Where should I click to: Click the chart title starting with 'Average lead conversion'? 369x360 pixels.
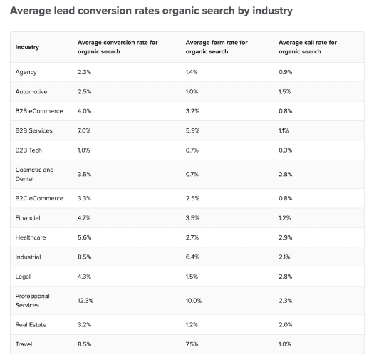(150, 11)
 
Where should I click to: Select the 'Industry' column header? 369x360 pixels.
(27, 47)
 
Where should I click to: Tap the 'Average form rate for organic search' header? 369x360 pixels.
(217, 47)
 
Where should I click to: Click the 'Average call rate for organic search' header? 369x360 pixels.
(308, 47)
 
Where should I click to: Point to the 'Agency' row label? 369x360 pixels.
(26, 72)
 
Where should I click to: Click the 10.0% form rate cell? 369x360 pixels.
(194, 300)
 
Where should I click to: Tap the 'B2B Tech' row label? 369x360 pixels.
(29, 150)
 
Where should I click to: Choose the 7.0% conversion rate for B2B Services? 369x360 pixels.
(85, 130)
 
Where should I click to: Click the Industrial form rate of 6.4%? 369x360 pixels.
(192, 257)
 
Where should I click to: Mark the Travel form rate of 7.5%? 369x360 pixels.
(192, 344)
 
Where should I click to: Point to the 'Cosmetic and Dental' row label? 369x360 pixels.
(34, 174)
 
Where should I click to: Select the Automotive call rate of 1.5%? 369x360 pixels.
(285, 91)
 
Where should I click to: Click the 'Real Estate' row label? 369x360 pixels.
(30, 324)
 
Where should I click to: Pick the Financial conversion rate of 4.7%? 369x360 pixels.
(85, 217)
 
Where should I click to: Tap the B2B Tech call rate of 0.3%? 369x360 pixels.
(285, 150)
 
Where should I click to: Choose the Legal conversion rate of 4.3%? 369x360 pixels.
(85, 276)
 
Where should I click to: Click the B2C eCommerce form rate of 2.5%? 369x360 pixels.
(192, 198)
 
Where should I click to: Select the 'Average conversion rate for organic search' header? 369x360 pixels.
(118, 47)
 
